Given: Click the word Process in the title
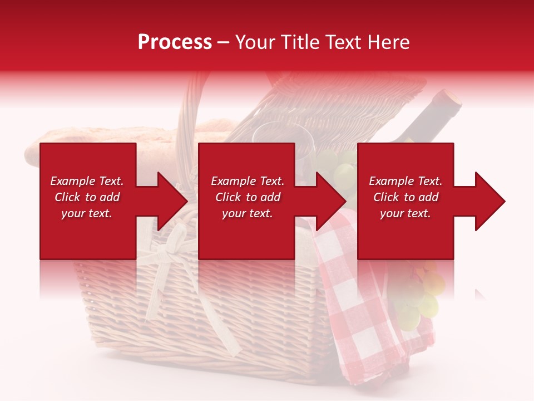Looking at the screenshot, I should pos(175,42).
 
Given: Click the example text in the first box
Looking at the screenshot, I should pos(87,197).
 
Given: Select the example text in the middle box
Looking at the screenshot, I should pos(247,197).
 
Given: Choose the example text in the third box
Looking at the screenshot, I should pos(406,197).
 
